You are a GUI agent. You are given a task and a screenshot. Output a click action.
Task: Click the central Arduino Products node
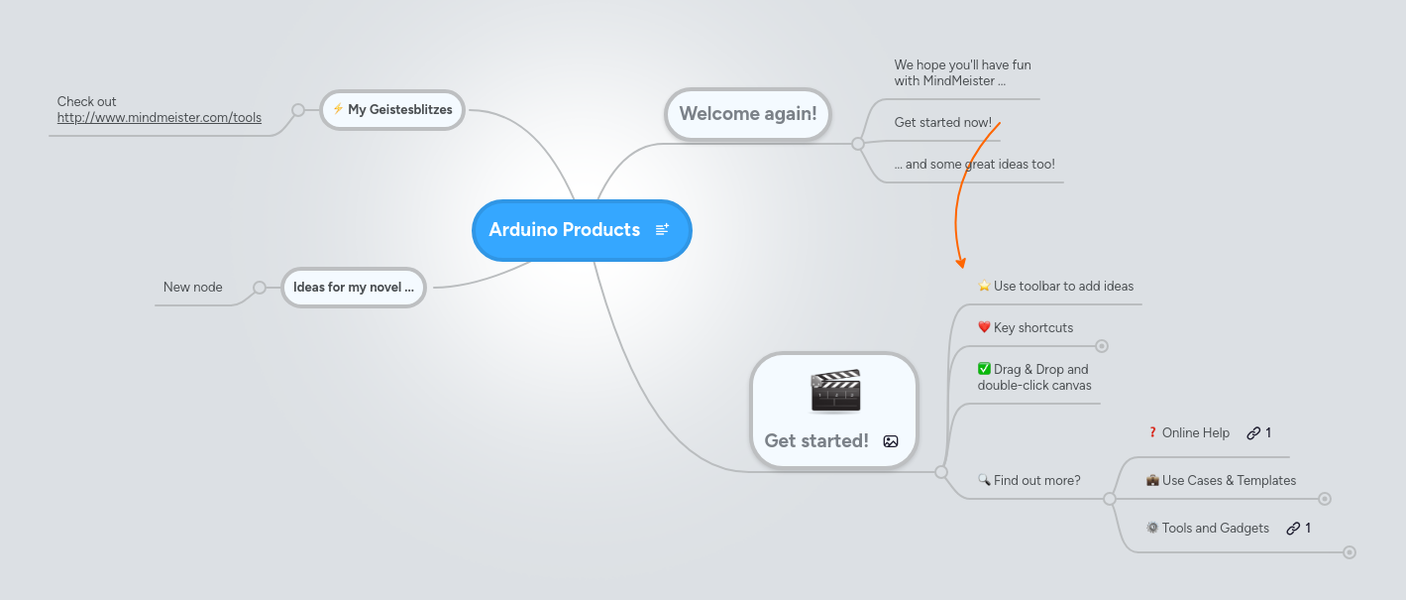coord(565,230)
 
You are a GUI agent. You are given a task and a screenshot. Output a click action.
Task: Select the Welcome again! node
coord(747,113)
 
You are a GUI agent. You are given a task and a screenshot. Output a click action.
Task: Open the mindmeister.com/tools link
coord(160,117)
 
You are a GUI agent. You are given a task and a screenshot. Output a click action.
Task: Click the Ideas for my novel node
coord(353,288)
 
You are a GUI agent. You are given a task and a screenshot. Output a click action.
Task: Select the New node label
coord(193,287)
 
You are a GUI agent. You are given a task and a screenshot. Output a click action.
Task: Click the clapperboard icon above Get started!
coord(835,391)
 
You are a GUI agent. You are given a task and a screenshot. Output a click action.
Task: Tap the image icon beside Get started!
coord(891,441)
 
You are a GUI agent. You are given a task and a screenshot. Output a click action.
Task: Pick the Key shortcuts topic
coord(1032,327)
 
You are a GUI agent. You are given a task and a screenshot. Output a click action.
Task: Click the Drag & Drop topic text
coord(1033,377)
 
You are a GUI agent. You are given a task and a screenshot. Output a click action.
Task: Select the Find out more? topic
coord(1036,480)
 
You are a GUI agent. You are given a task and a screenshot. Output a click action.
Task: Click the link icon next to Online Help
coord(1253,433)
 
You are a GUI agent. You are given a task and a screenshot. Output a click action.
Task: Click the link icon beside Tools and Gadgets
coord(1293,529)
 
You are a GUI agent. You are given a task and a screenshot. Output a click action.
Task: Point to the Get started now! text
coord(942,122)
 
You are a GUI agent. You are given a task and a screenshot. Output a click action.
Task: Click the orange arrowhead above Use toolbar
coord(960,263)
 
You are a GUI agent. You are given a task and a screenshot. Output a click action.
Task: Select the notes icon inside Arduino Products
coord(662,230)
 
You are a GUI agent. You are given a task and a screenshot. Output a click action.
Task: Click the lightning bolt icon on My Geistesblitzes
coord(338,109)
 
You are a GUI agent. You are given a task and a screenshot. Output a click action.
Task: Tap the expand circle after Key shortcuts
coord(1102,346)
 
